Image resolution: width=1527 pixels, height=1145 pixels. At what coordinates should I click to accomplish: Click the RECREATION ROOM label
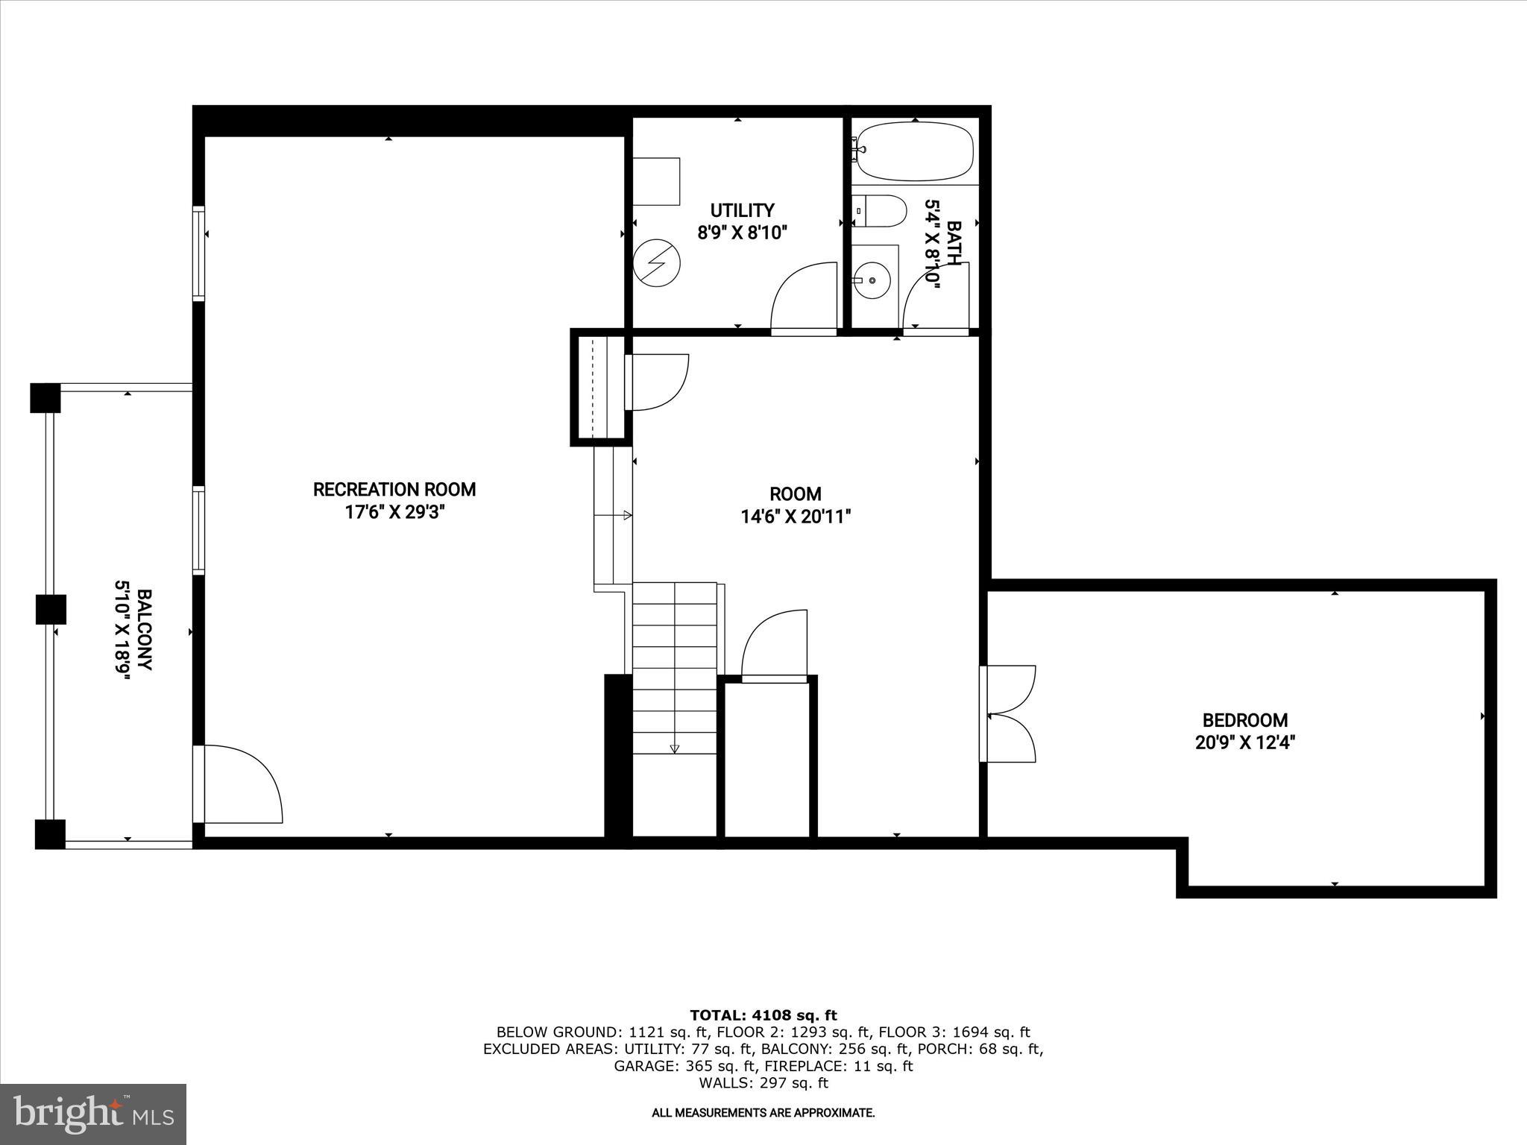pyautogui.click(x=394, y=490)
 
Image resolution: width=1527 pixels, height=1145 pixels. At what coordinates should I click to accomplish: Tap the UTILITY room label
pyautogui.click(x=742, y=210)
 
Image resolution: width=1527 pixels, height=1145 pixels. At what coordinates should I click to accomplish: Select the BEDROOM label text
pyautogui.click(x=1244, y=720)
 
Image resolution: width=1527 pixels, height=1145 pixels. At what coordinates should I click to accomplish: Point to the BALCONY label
pyautogui.click(x=145, y=630)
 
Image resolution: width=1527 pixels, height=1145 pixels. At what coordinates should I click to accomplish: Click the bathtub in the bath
pyautogui.click(x=914, y=152)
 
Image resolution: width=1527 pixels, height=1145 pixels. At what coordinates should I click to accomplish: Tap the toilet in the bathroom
pyautogui.click(x=880, y=211)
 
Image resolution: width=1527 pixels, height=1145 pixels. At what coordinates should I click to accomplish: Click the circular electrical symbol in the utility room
pyautogui.click(x=657, y=262)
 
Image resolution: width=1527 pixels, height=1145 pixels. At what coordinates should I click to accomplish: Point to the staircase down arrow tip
pyautogui.click(x=675, y=750)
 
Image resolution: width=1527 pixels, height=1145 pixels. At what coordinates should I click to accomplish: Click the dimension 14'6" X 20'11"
pyautogui.click(x=796, y=517)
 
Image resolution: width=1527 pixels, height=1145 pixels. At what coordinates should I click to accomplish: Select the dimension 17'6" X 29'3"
pyautogui.click(x=394, y=512)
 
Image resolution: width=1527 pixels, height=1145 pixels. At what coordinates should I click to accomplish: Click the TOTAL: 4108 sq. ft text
pyautogui.click(x=763, y=1015)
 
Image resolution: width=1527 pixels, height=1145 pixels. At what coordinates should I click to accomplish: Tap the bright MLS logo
pyautogui.click(x=93, y=1114)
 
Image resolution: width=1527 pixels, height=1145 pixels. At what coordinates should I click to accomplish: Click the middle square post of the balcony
pyautogui.click(x=51, y=609)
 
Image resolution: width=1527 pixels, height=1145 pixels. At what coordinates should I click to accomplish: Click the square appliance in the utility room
pyautogui.click(x=656, y=181)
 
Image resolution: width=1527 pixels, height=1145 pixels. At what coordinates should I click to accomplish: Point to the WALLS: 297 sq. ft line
pyautogui.click(x=763, y=1083)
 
